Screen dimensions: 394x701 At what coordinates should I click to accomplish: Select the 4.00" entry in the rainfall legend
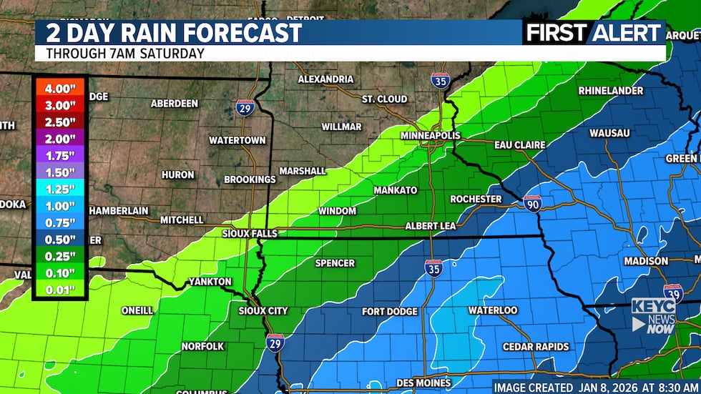[x=60, y=89]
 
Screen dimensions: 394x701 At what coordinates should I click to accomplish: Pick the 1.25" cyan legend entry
[x=60, y=189]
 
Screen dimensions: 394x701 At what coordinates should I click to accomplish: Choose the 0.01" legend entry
[x=60, y=289]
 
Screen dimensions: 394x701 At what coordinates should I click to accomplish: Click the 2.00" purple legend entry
[x=60, y=139]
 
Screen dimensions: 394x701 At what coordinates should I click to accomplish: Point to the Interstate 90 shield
[x=532, y=203]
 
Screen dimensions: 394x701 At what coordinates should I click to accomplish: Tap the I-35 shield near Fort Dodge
[x=433, y=267]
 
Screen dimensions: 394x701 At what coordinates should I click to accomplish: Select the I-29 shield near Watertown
[x=245, y=108]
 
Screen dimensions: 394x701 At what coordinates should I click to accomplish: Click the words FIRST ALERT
[x=593, y=32]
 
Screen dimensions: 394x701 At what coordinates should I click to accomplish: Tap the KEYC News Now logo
[x=653, y=315]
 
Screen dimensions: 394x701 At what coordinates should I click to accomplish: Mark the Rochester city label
[x=476, y=199]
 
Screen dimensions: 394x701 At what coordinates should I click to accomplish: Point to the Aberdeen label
[x=175, y=104]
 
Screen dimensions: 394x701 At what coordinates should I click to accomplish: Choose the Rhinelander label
[x=610, y=91]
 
